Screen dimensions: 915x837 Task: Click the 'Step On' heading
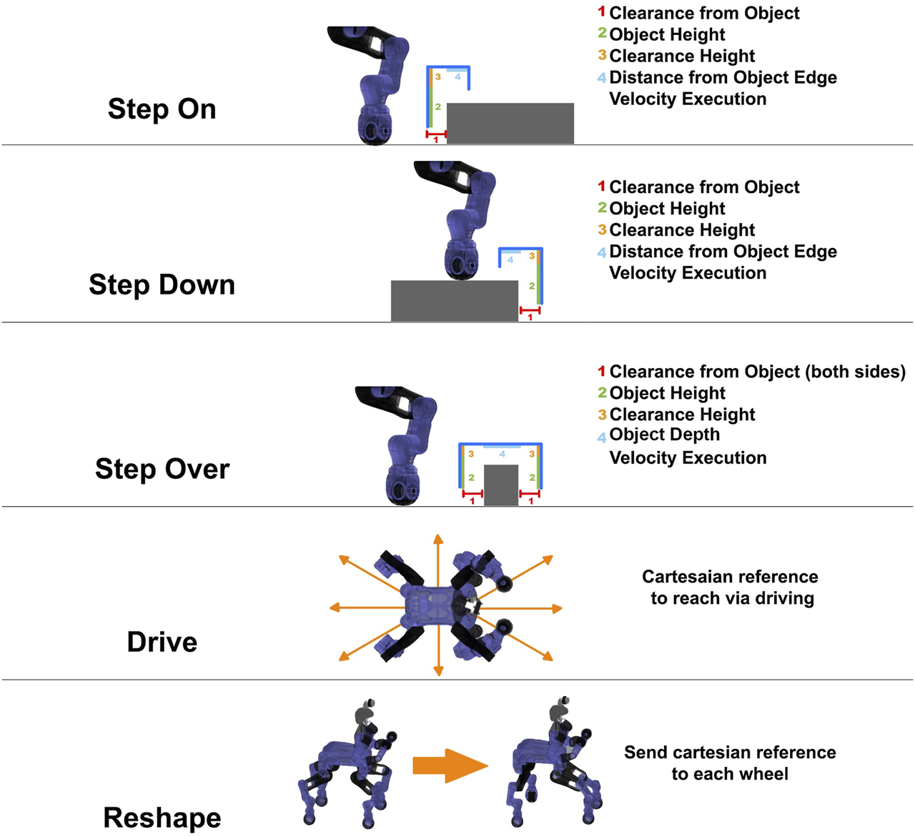[162, 109]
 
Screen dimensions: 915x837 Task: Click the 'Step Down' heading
[162, 284]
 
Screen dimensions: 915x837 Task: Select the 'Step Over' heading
[162, 469]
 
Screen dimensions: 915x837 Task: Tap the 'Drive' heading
[162, 642]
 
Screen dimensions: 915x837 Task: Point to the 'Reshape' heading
[162, 818]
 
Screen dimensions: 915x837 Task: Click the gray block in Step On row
[510, 123]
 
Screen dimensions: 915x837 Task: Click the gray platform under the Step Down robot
[454, 300]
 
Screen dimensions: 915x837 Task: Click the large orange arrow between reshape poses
[450, 766]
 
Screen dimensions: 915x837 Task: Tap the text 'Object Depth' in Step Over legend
[664, 435]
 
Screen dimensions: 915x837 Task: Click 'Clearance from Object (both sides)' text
[757, 372]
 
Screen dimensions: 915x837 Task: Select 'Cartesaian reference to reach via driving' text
[731, 588]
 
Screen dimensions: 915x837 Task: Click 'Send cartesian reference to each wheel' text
[730, 763]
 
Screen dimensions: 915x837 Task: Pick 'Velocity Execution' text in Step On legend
[687, 99]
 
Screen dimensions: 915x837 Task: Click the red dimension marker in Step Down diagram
[530, 310]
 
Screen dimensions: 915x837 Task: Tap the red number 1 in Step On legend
[601, 12]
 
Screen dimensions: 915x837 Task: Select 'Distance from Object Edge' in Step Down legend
[723, 252]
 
